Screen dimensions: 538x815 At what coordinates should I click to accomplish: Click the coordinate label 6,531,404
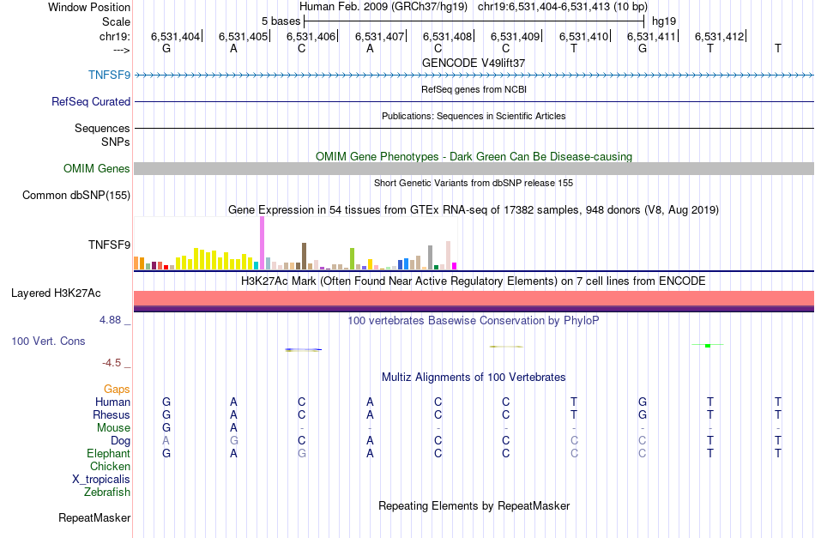(175, 37)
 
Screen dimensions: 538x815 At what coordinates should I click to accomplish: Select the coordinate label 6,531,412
(719, 37)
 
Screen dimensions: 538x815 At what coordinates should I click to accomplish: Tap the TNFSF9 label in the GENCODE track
(109, 75)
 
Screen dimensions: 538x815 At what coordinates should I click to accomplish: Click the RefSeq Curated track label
(91, 101)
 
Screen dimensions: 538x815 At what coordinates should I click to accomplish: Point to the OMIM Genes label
(97, 168)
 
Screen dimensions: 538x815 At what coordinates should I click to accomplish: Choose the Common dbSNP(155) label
(76, 195)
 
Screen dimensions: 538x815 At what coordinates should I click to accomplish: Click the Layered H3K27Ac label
(56, 293)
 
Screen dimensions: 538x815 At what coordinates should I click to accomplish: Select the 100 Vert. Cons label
(48, 341)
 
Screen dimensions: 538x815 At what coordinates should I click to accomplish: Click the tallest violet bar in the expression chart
(262, 243)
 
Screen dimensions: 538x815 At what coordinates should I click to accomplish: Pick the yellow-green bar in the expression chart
(353, 257)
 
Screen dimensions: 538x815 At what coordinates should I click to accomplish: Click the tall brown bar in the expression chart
(304, 255)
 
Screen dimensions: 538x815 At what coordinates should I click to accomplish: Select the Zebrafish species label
(107, 492)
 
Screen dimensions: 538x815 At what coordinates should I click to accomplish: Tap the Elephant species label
(108, 453)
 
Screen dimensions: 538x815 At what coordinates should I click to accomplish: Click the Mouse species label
(113, 427)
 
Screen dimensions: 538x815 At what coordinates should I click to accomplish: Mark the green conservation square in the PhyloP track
(707, 345)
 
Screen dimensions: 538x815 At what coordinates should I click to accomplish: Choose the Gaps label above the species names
(117, 389)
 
